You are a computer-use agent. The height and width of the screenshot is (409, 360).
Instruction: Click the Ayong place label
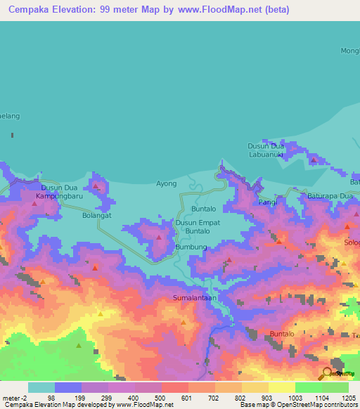click(166, 183)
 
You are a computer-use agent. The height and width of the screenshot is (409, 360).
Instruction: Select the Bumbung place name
click(191, 247)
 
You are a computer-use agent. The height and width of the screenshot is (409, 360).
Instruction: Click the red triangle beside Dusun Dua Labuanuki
click(314, 160)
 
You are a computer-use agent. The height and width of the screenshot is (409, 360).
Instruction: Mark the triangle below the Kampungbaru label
click(34, 203)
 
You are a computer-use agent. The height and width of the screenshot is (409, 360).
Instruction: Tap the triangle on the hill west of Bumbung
click(159, 238)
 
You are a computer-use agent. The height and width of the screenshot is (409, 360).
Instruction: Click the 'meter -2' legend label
click(15, 398)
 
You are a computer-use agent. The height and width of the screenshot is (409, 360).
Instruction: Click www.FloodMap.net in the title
click(214, 11)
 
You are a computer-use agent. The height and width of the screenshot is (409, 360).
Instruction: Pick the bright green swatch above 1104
click(308, 387)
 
